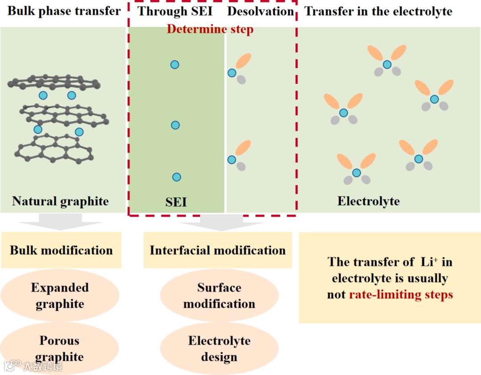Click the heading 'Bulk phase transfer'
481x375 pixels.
pyautogui.click(x=64, y=11)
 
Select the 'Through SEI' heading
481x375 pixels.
pyautogui.click(x=175, y=11)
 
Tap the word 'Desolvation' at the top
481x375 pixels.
pyautogui.click(x=261, y=11)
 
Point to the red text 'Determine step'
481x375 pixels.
pyautogui.click(x=210, y=29)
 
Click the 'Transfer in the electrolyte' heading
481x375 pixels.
pyautogui.click(x=378, y=11)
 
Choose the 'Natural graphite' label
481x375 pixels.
pyautogui.click(x=60, y=201)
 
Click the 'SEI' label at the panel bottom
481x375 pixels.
pyautogui.click(x=176, y=202)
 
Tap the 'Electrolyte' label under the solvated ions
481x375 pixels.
pyautogui.click(x=368, y=201)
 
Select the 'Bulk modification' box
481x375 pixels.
pyautogui.click(x=61, y=250)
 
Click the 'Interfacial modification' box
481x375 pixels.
pyautogui.click(x=217, y=250)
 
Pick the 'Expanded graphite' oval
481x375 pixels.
pyautogui.click(x=60, y=296)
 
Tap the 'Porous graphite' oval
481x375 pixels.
pyautogui.click(x=60, y=348)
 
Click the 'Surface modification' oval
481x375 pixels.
pyautogui.click(x=219, y=296)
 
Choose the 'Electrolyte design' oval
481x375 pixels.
pyautogui.click(x=219, y=348)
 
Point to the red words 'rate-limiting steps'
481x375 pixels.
pyautogui.click(x=401, y=295)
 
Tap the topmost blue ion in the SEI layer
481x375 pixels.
pyautogui.click(x=175, y=65)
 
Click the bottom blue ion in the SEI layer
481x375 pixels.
pyautogui.click(x=176, y=177)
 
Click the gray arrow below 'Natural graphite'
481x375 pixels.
pyautogui.click(x=61, y=222)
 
